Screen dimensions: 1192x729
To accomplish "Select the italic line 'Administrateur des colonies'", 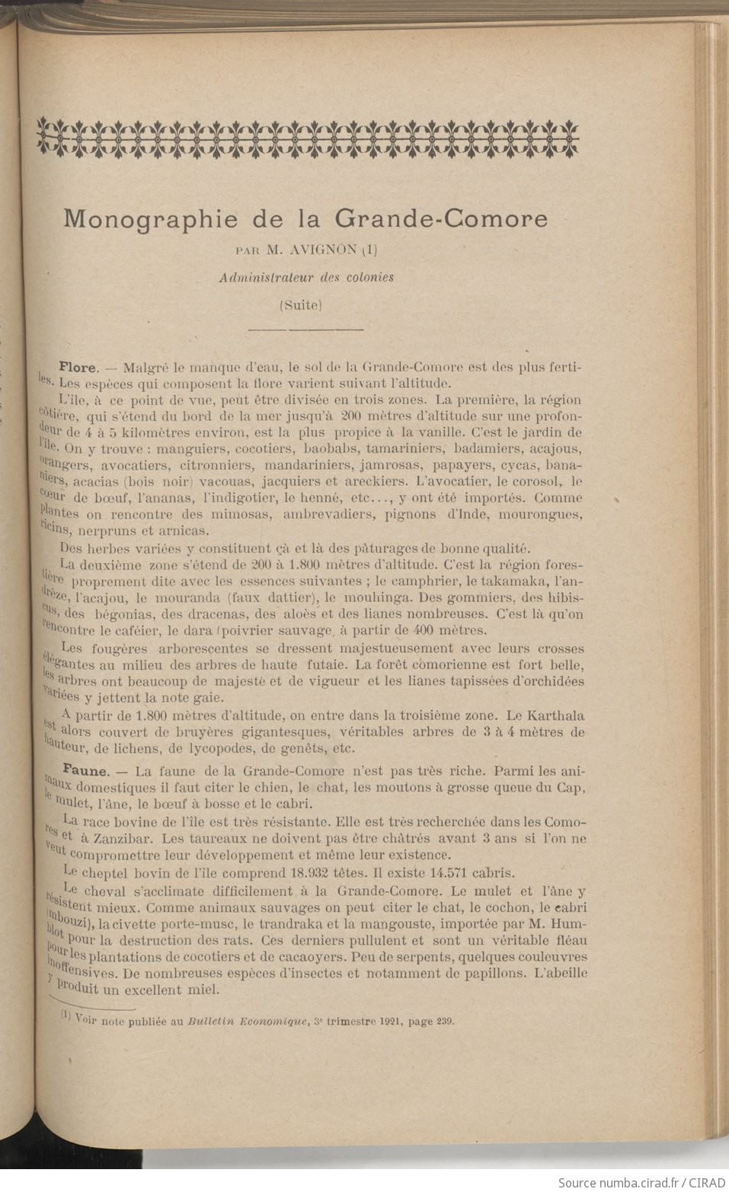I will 305,277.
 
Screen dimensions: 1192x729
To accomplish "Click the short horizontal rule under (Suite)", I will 305,329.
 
